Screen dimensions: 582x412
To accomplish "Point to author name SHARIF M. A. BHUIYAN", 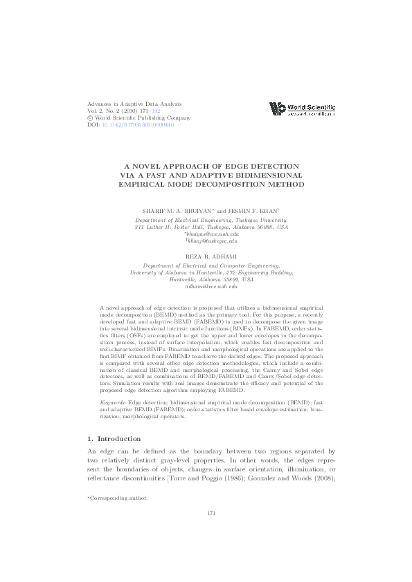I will pos(179,210).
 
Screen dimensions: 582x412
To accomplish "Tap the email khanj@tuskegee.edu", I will pos(212,241).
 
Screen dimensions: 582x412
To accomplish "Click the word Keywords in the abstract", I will pos(113,380).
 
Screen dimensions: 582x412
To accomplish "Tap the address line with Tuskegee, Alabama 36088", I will pos(211,226).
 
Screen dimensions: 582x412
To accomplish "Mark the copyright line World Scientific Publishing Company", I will pos(136,118).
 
